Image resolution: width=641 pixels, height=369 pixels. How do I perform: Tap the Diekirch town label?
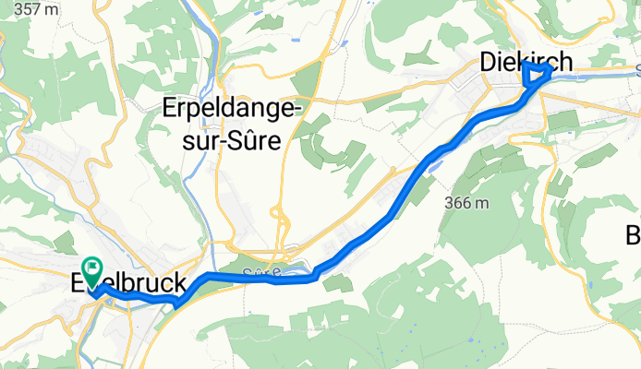pos(526,62)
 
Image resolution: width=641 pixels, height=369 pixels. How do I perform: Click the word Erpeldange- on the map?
pos(233,110)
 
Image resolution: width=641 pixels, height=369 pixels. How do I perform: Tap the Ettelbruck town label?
pos(129,284)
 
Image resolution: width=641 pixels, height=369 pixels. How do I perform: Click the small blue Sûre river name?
pos(263,272)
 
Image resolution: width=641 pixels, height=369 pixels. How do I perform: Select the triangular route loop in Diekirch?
pos(535,75)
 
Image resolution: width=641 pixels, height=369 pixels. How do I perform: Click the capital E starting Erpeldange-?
pos(169,109)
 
